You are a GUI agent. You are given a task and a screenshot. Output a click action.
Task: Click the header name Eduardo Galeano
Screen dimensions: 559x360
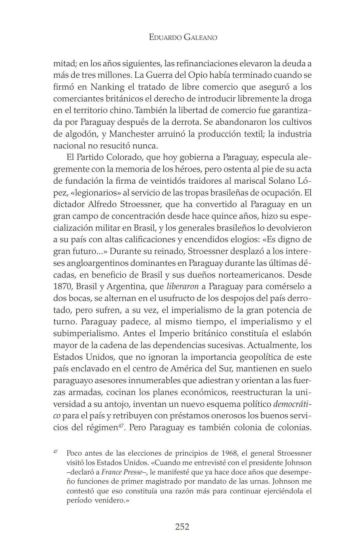(183, 37)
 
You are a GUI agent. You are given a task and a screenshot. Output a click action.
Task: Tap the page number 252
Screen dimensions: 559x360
(182, 526)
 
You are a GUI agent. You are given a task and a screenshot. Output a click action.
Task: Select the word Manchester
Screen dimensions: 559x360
(132, 134)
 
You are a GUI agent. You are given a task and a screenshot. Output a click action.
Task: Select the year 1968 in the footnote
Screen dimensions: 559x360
(229, 453)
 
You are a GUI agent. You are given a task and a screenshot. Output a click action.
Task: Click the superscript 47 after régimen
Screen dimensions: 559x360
(122, 425)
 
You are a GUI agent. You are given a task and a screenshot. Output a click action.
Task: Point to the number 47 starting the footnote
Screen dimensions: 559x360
(55, 452)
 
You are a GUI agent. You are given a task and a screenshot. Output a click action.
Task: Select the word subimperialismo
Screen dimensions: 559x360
(86, 333)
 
